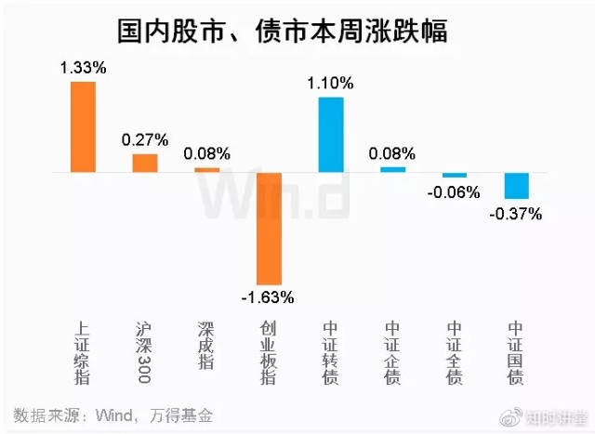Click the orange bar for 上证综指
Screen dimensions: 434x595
(83, 126)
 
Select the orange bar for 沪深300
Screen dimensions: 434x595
(145, 163)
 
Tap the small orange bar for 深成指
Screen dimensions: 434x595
(206, 170)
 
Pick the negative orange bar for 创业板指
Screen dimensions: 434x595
(269, 228)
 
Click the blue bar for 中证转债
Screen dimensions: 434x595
(331, 134)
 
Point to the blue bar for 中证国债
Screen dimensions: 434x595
(516, 186)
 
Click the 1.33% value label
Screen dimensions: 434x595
(83, 68)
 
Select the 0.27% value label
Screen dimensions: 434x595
(145, 140)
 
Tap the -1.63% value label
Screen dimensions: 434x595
(268, 298)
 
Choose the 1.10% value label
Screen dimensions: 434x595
(331, 83)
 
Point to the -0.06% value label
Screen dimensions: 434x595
(455, 193)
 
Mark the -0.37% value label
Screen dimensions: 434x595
(516, 214)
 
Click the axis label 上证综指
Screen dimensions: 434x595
(83, 353)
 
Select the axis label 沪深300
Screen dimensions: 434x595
(145, 353)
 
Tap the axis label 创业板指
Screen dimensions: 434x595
(269, 353)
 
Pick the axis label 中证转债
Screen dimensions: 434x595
(330, 353)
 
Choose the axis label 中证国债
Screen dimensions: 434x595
(516, 353)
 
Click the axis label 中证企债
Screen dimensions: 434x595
(392, 353)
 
